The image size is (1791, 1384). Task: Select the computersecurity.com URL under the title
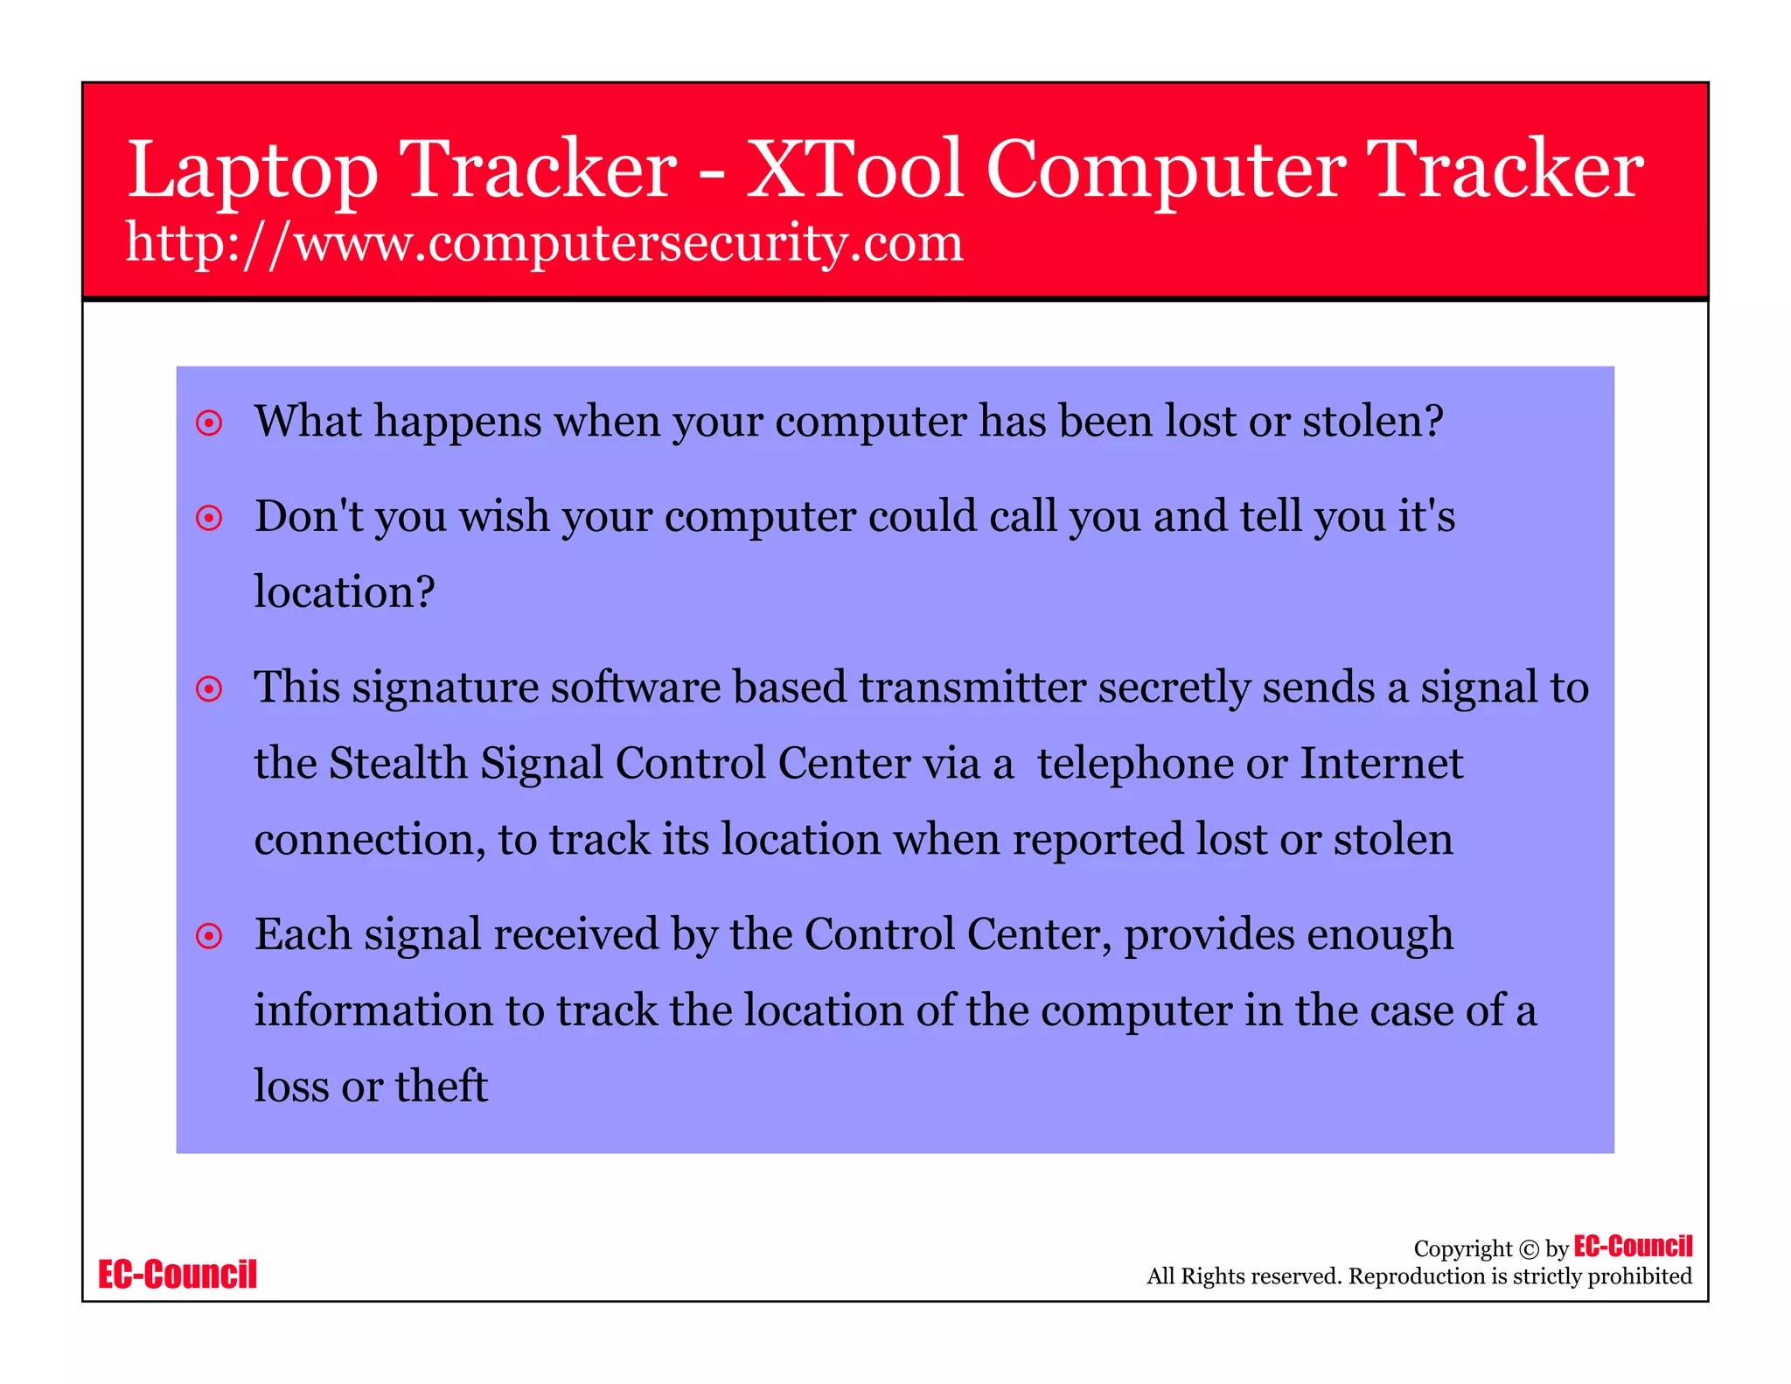click(544, 242)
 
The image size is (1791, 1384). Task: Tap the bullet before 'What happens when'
click(209, 423)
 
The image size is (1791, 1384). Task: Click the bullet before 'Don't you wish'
click(209, 518)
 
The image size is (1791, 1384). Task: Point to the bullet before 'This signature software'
click(209, 689)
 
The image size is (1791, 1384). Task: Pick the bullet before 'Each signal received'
click(209, 936)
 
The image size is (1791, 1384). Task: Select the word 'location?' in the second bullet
click(344, 592)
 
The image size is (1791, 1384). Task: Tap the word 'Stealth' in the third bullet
click(398, 763)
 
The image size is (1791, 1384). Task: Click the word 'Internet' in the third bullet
click(1381, 763)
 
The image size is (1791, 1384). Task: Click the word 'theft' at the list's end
click(441, 1086)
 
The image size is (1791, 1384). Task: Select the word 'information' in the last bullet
click(373, 1010)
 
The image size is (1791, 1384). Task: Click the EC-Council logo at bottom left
click(178, 1275)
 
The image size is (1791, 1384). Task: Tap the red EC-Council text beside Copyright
click(1633, 1246)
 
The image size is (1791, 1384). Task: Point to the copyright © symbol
click(1528, 1249)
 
